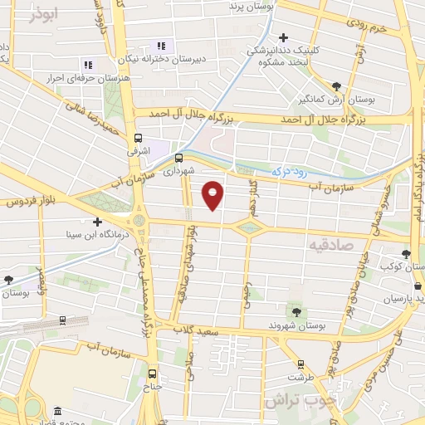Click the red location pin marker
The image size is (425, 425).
coord(214,194)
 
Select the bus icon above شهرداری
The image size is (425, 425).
coord(178,157)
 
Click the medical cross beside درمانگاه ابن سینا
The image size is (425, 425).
coord(98,222)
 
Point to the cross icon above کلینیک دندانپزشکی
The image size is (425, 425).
coord(284,37)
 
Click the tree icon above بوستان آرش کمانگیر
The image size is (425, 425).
coord(335,86)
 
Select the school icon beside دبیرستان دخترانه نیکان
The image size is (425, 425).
coord(160,46)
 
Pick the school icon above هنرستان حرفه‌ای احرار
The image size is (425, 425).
coord(87,64)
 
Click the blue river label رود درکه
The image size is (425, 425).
coord(291,172)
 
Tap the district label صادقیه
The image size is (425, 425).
coord(330,245)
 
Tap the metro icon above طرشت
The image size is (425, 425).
coord(301,364)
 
